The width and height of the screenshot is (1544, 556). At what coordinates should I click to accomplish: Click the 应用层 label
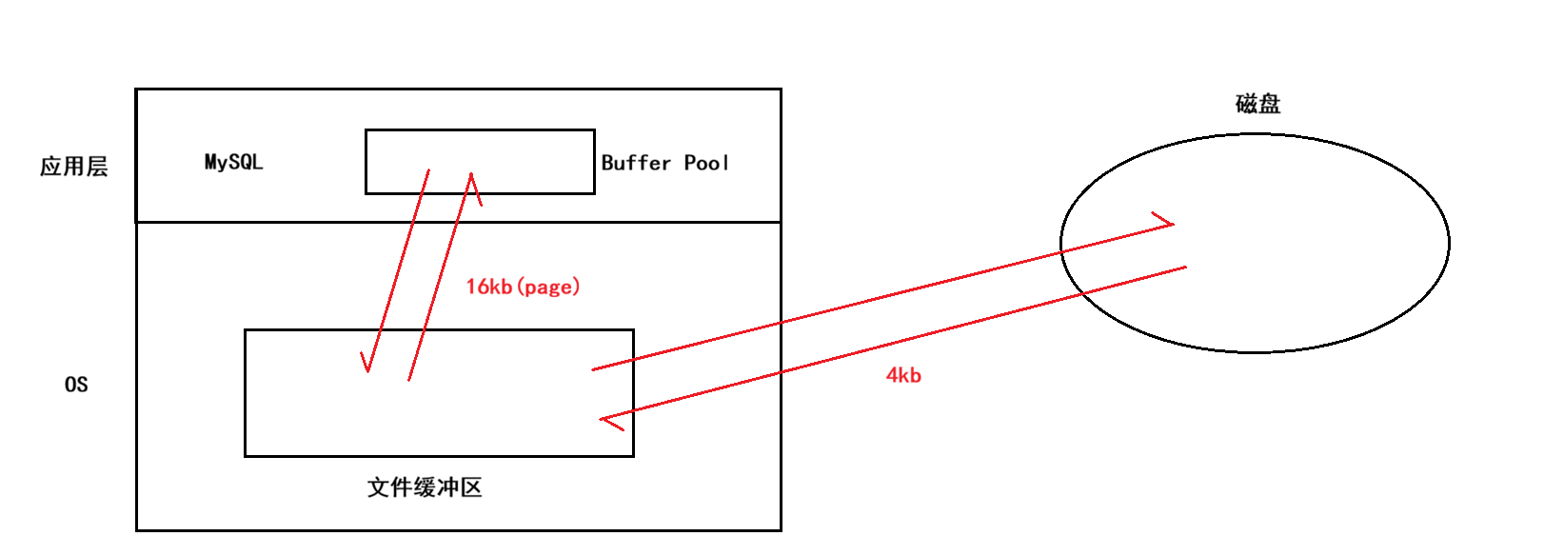tap(73, 167)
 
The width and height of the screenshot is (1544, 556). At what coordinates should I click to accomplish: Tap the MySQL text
tap(233, 162)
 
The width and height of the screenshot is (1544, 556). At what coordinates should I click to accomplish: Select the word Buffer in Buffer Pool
tap(636, 163)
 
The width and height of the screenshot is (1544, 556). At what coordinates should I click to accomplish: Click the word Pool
tap(706, 163)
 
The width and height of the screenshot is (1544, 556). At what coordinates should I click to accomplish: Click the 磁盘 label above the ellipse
tap(1257, 104)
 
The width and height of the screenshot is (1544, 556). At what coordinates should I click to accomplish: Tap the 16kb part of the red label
tap(488, 287)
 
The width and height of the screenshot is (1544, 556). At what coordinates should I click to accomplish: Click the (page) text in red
tap(549, 287)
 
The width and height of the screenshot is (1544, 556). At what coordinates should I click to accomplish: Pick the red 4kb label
tap(903, 375)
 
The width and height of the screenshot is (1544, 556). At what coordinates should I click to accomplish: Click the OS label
tap(76, 385)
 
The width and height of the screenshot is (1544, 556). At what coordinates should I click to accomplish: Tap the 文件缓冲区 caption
tap(425, 487)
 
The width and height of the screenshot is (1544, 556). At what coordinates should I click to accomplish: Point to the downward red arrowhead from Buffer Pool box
tap(366, 363)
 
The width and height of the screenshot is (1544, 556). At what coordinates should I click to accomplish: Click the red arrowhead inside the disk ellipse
tap(1166, 222)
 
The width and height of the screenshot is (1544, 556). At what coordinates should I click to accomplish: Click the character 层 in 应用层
tap(97, 167)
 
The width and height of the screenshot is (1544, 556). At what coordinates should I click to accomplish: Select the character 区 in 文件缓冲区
tap(470, 487)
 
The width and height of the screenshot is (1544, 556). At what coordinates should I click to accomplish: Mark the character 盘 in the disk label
tap(1269, 104)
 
